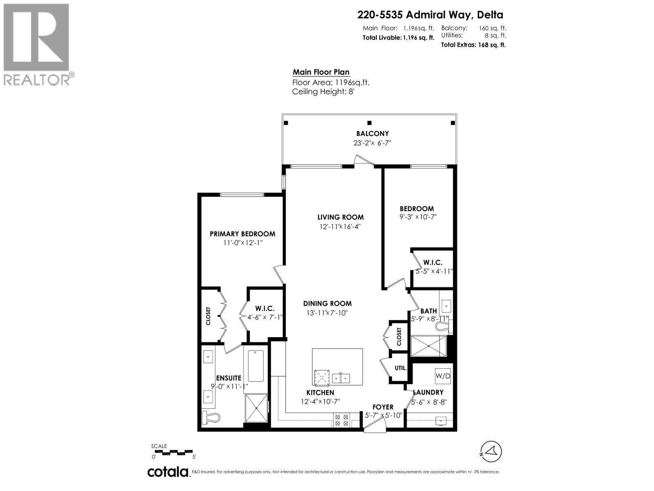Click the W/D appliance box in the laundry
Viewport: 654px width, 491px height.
pyautogui.click(x=443, y=375)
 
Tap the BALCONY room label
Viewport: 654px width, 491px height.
pyautogui.click(x=372, y=133)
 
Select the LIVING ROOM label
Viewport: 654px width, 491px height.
pyautogui.click(x=340, y=217)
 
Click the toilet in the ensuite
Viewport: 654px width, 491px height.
pyautogui.click(x=211, y=418)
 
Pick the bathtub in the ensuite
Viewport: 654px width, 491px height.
pyautogui.click(x=255, y=365)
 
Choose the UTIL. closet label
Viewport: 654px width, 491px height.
pyautogui.click(x=401, y=368)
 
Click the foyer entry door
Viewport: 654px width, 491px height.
pyautogui.click(x=374, y=427)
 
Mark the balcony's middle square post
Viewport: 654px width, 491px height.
pyautogui.click(x=370, y=123)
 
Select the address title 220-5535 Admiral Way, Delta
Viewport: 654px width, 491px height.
pyautogui.click(x=430, y=15)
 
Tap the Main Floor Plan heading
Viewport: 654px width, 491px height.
pyautogui.click(x=321, y=72)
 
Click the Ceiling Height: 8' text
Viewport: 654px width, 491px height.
pyautogui.click(x=323, y=92)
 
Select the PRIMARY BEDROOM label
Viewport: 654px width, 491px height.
pyautogui.click(x=242, y=234)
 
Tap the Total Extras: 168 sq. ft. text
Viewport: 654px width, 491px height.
pyautogui.click(x=473, y=45)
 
